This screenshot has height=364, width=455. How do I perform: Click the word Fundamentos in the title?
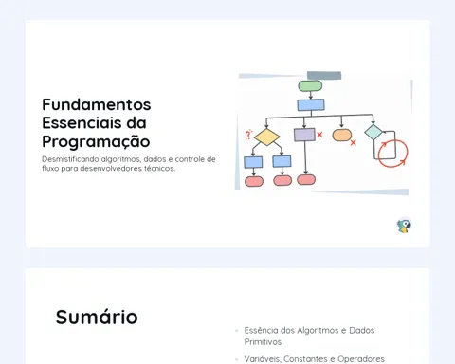97,104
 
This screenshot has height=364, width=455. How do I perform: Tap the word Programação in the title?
96,141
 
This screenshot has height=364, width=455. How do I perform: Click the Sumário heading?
97,317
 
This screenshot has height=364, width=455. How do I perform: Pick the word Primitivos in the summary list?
263,342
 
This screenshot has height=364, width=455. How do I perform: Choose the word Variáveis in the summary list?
262,359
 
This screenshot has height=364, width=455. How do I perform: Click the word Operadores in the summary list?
361,359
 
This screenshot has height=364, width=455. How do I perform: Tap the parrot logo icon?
404,226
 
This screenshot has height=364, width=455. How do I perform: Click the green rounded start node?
310,86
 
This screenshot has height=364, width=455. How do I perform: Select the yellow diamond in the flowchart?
267,136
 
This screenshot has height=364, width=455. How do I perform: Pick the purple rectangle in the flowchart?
304,135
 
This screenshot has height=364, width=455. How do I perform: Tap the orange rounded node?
342,136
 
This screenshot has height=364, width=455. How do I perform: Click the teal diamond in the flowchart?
373,132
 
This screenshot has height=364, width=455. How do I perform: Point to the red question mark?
248,135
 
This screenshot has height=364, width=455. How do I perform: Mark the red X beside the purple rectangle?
319,135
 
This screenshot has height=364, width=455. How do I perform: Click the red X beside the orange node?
354,143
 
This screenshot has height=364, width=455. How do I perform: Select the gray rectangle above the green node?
324,76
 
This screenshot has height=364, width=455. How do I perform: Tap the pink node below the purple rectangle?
306,179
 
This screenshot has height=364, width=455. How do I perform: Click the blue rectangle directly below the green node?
311,105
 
